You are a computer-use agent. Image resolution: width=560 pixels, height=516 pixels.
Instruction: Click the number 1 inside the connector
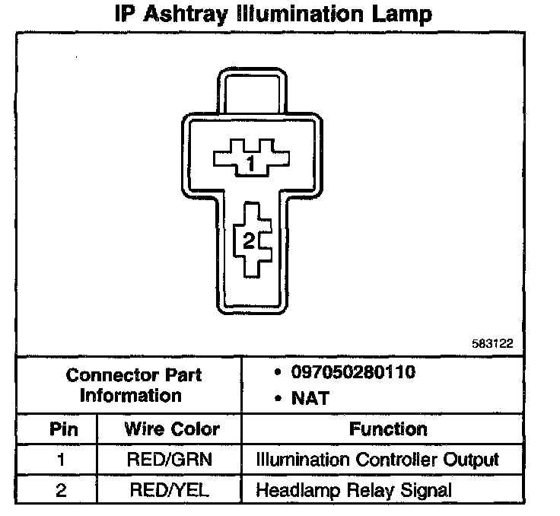pyautogui.click(x=250, y=161)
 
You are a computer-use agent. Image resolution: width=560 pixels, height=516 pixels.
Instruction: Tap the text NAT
pyautogui.click(x=310, y=397)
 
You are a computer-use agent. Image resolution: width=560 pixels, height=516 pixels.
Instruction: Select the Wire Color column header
pyautogui.click(x=171, y=428)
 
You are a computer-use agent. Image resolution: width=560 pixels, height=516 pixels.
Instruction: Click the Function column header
pyautogui.click(x=388, y=428)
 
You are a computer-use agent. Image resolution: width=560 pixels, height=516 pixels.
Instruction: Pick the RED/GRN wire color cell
pyautogui.click(x=171, y=460)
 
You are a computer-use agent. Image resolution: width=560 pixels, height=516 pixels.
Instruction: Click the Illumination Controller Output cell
pyautogui.click(x=377, y=460)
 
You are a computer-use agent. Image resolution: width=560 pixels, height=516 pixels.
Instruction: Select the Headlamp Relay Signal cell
pyautogui.click(x=354, y=489)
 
